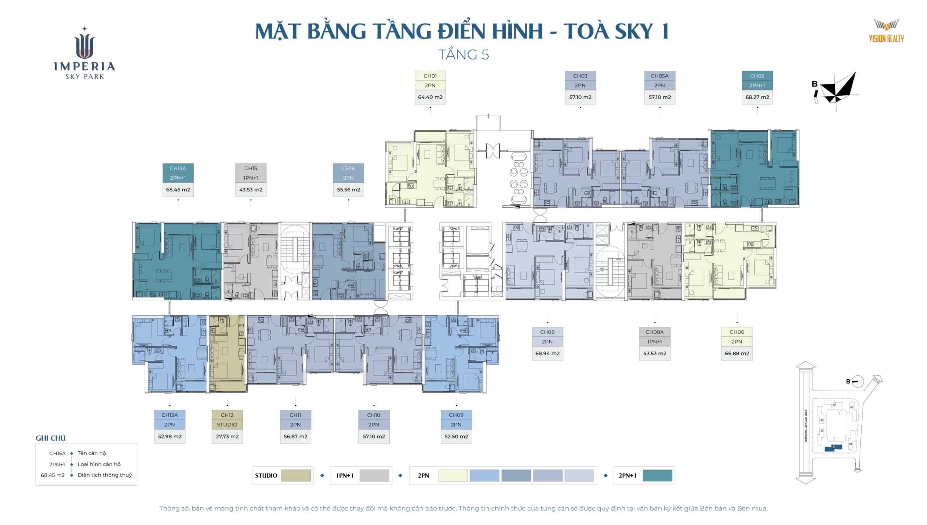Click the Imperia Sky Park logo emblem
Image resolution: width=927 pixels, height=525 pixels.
pos(85,43)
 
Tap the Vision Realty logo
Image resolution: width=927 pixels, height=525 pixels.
pos(886,31)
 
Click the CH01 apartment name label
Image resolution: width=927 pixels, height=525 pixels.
pos(430,76)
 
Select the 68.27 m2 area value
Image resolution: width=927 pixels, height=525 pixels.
pos(757,97)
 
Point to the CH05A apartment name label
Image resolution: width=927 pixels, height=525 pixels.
pos(659,76)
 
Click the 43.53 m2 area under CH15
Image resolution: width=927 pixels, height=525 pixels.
pos(251,189)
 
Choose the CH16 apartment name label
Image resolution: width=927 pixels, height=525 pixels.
pos(348,168)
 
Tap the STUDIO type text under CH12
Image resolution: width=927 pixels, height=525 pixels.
pos(227,425)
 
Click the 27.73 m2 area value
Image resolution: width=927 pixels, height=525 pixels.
pos(227,437)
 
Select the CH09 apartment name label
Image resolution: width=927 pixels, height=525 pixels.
pos(456,415)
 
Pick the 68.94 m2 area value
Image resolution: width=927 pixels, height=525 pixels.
pos(547,354)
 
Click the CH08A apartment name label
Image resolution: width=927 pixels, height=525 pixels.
pos(654,332)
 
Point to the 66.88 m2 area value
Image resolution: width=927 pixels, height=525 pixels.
pos(737,354)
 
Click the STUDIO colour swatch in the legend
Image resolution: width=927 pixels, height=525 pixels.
pos(295,475)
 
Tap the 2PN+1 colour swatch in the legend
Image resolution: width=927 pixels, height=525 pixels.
pos(657,475)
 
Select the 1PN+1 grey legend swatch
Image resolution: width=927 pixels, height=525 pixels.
pos(374,475)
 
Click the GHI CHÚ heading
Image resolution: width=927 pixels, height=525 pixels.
pos(50,438)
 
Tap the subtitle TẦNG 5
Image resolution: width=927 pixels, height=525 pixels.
pos(463,55)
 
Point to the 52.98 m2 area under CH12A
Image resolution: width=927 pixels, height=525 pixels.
pos(169,437)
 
